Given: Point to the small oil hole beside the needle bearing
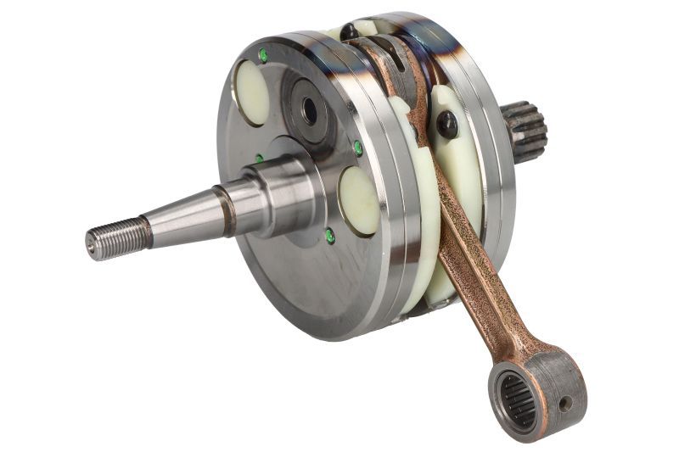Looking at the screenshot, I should (564, 404).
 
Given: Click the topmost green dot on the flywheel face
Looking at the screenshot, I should (263, 55).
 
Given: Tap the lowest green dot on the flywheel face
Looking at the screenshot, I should (329, 236).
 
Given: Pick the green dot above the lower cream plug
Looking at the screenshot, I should (358, 148).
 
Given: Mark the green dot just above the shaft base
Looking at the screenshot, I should (259, 159).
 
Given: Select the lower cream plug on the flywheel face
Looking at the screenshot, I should (359, 199).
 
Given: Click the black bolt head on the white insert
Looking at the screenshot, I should (446, 126).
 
